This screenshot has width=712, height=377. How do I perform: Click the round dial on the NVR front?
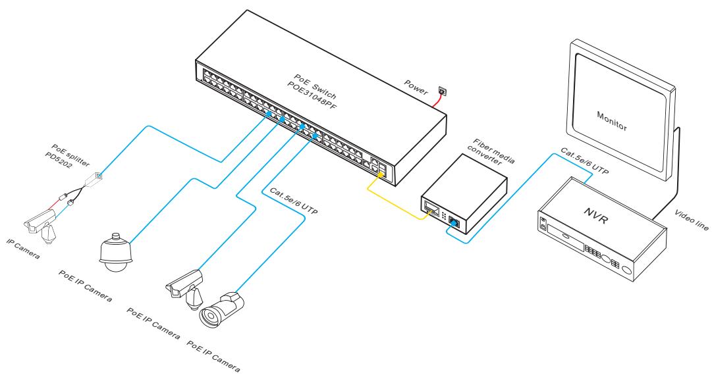pos(628,270)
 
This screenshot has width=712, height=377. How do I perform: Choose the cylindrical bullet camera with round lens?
pos(220,309)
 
